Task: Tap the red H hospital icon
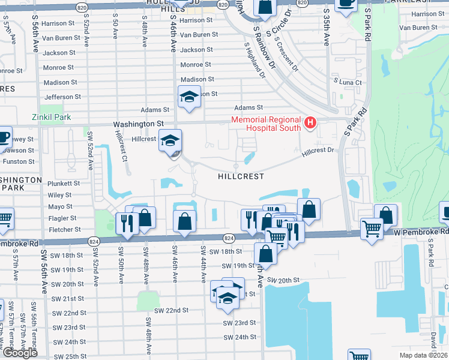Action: click(310, 124)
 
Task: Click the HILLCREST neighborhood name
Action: click(241, 177)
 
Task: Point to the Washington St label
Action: click(139, 124)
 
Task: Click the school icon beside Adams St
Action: click(189, 97)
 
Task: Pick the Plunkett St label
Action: click(64, 183)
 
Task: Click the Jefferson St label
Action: click(62, 97)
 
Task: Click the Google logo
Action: click(20, 353)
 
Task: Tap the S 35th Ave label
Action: click(327, 27)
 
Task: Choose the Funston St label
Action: click(19, 161)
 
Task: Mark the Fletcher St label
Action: click(64, 230)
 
